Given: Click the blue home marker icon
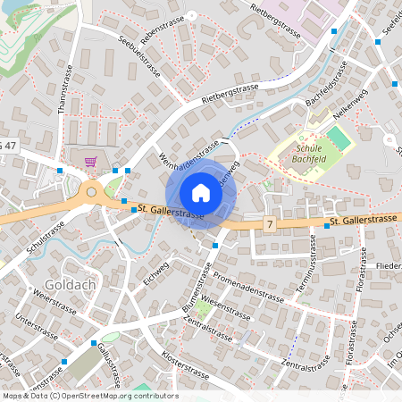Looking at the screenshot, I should (201, 193).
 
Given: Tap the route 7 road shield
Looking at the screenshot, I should (269, 223).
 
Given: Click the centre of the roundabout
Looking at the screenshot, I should (90, 191).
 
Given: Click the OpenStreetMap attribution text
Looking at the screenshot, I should (90, 396).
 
